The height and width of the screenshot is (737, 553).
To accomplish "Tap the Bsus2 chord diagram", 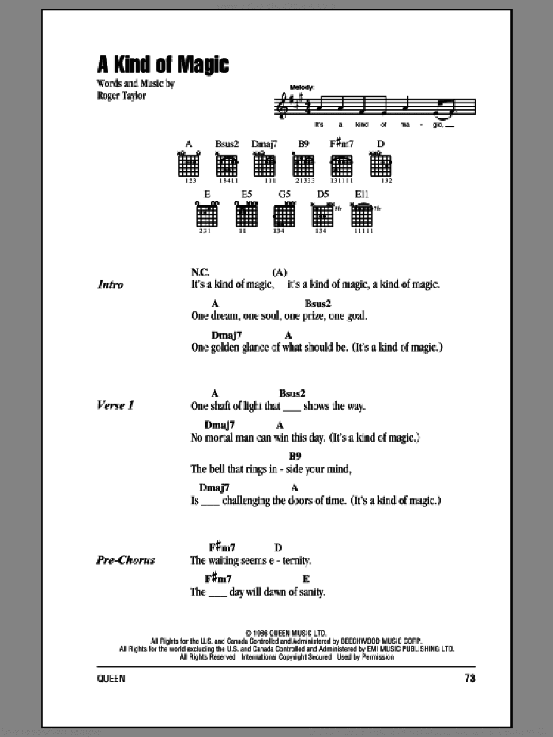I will (x=227, y=165).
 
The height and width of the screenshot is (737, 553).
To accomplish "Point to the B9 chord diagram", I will (x=303, y=165).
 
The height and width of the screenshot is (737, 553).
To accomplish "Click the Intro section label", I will (x=111, y=284).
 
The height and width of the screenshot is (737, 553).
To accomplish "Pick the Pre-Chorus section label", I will (x=125, y=560).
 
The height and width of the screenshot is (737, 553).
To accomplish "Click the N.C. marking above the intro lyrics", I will (x=200, y=271).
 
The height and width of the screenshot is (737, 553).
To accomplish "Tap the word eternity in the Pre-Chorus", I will (x=290, y=561).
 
